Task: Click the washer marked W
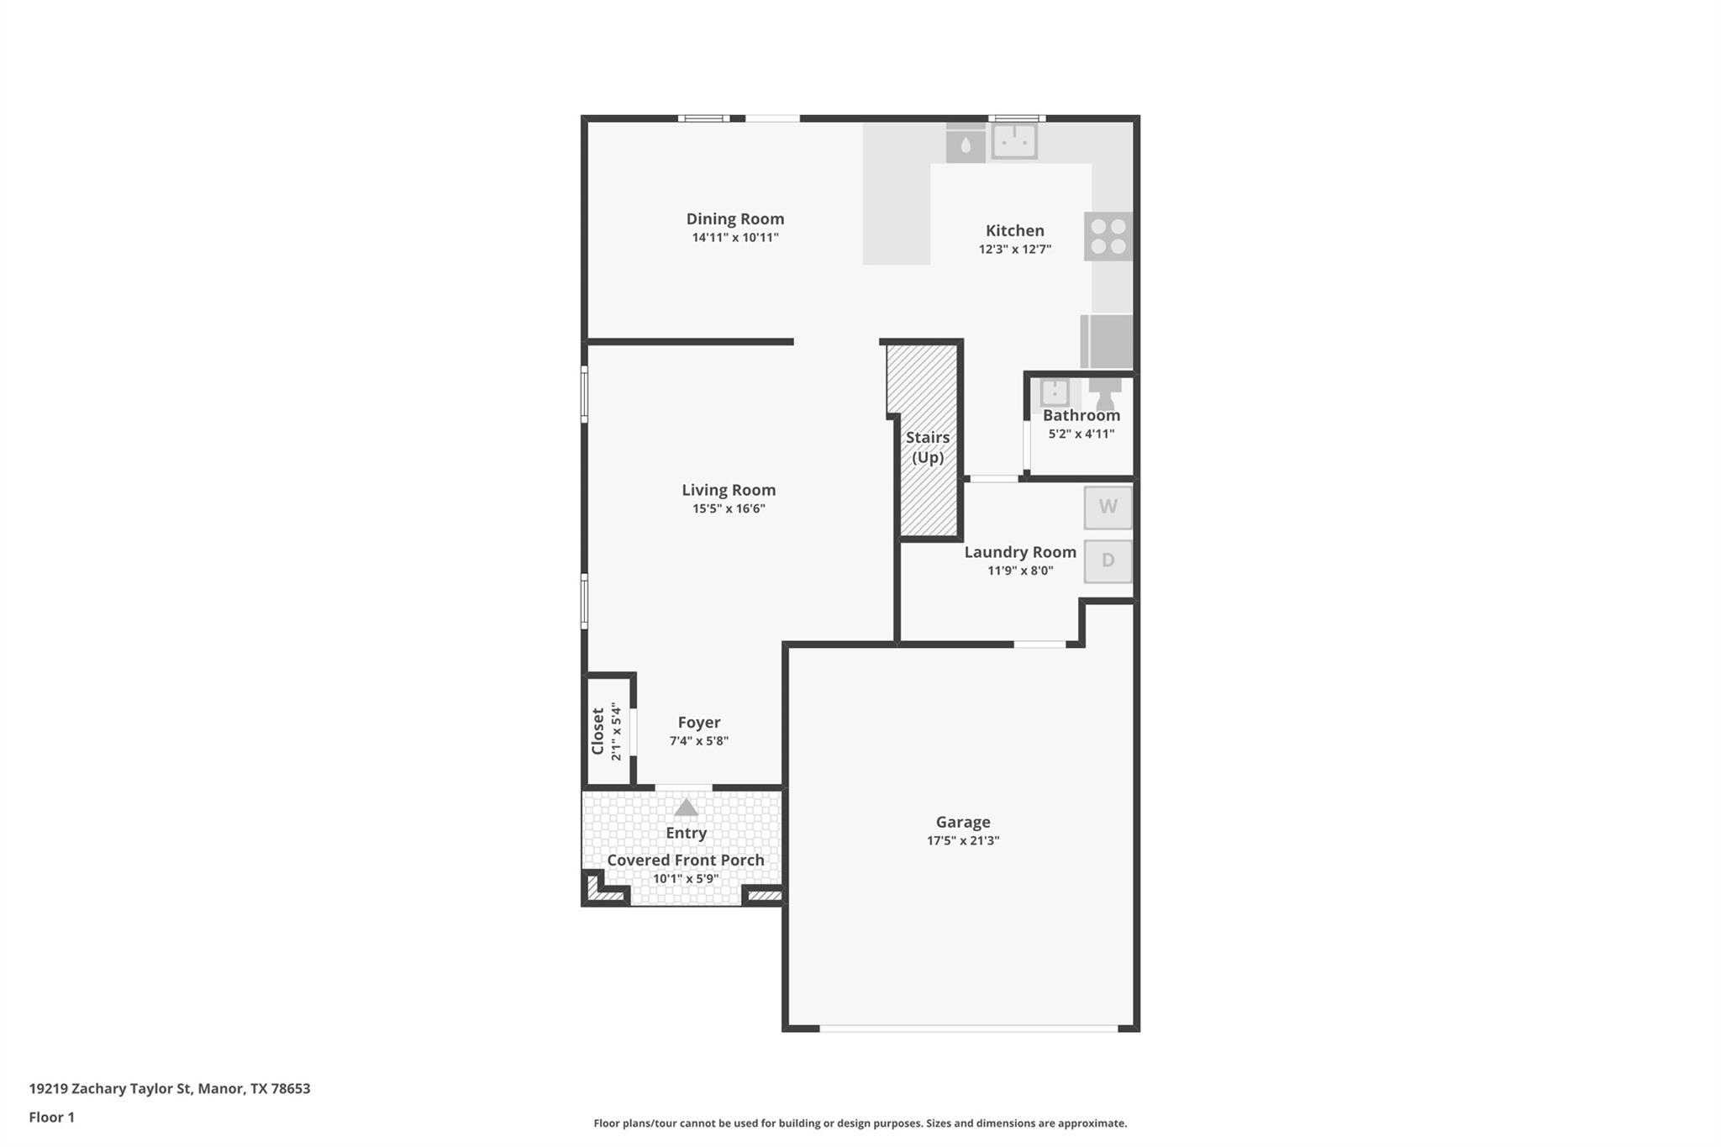coord(1108,508)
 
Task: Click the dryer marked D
coord(1108,560)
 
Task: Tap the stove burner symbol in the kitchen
coord(1108,236)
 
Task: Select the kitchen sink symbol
coord(1014,141)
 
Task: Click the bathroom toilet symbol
coord(1105,393)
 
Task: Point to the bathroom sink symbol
coord(1055,392)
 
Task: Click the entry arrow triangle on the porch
coord(686,808)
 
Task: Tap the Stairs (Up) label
coord(928,447)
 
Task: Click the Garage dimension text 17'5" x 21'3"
coord(963,840)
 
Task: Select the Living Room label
coord(729,490)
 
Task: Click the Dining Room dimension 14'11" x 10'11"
coord(735,238)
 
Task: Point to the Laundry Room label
coord(1020,552)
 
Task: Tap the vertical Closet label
coord(598,731)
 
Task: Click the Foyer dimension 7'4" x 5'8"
coord(698,741)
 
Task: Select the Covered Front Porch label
coord(686,860)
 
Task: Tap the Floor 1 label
coord(52,1118)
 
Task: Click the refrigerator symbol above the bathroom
coord(1108,341)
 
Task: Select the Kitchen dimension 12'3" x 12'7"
coord(1014,250)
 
